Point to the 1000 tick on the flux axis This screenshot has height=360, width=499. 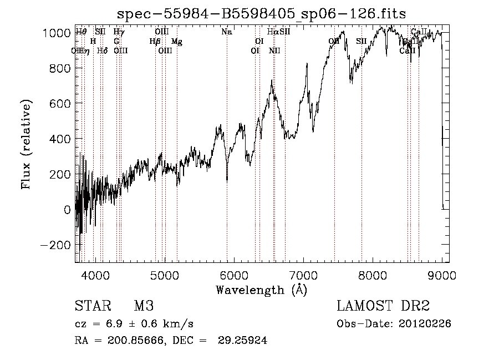pos(58,33)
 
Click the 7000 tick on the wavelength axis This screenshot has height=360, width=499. pos(303,274)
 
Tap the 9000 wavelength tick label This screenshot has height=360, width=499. pos(442,274)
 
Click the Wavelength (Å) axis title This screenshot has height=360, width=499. pos(261,290)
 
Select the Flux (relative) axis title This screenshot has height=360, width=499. pos(26,144)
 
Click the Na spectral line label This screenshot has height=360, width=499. pos(226,32)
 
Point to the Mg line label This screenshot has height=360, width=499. pos(176,42)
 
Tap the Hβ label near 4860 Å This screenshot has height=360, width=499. pos(155,42)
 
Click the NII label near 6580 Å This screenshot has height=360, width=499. pos(274,51)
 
